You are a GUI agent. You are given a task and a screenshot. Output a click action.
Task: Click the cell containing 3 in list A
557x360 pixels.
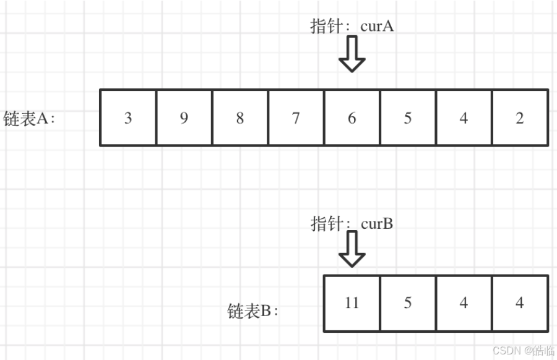tap(128, 118)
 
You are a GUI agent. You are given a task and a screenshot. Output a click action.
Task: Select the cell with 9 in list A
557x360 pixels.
tap(184, 118)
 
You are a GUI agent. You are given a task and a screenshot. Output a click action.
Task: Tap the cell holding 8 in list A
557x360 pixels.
tap(240, 118)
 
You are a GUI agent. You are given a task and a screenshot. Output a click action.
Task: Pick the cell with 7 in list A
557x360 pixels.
tap(296, 118)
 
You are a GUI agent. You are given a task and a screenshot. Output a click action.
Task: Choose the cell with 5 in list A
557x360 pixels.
tap(408, 118)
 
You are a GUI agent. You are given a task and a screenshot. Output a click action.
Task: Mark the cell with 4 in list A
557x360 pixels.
tap(464, 118)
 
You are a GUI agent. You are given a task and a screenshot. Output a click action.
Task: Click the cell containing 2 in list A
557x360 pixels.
tap(520, 118)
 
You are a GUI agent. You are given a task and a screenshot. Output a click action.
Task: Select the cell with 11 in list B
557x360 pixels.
tap(352, 303)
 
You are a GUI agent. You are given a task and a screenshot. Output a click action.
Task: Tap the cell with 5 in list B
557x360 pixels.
tap(408, 303)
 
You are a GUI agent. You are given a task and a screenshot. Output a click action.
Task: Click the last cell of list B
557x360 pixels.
tap(520, 303)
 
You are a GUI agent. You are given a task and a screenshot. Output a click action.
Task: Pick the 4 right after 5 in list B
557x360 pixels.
tap(464, 303)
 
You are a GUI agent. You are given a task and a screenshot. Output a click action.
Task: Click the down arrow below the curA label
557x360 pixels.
tap(352, 54)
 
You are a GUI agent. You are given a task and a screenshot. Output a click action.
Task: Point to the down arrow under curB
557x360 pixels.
tap(352, 249)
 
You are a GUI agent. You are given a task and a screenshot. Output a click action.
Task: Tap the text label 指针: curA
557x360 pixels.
tap(352, 26)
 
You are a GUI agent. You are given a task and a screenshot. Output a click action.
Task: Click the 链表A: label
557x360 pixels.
tap(29, 118)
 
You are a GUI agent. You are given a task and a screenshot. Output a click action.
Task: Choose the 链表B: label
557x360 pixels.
tap(253, 311)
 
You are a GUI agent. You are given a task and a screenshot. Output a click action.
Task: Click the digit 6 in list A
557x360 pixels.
tap(352, 118)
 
